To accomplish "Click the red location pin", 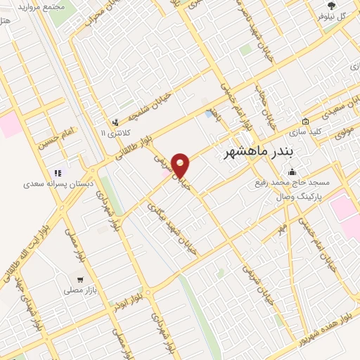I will coord(181,165).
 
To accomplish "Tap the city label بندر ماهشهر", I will coord(257,153).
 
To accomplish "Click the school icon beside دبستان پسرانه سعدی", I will coord(58,172).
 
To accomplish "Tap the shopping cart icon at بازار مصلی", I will coord(80,279).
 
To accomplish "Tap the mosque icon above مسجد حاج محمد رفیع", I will coord(292,173).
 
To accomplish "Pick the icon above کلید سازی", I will coord(306,120).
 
